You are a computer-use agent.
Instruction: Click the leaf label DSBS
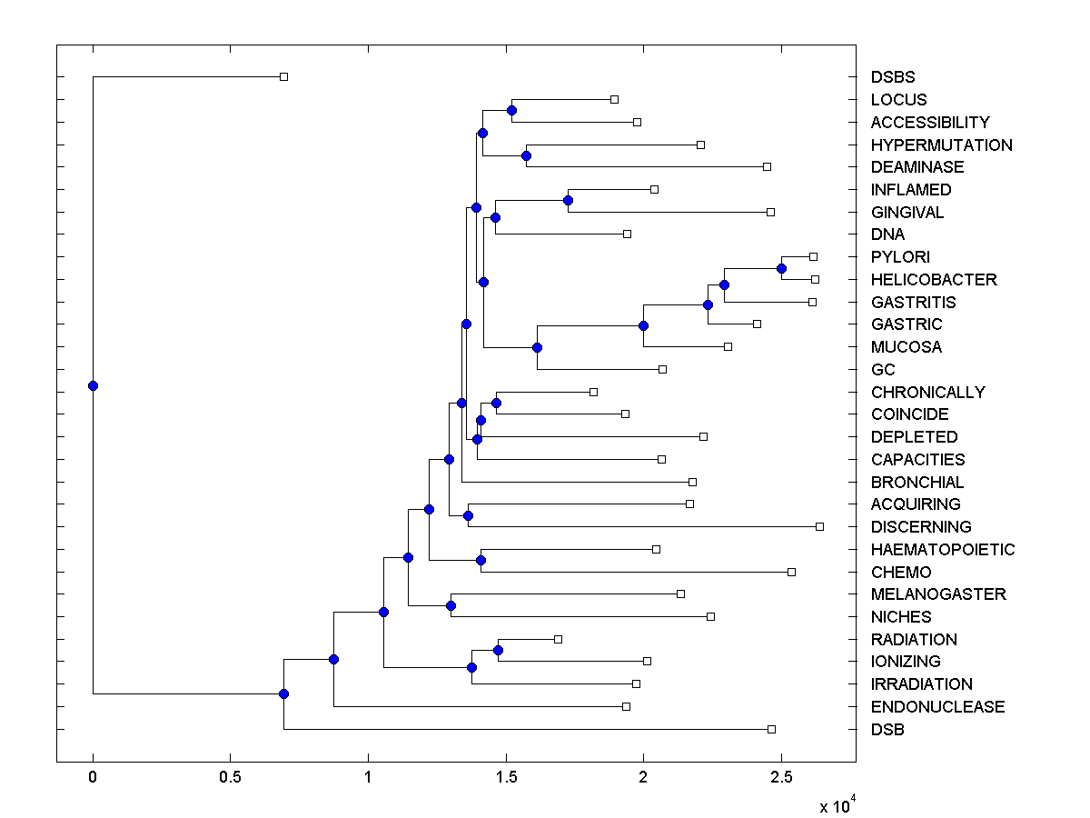click(893, 77)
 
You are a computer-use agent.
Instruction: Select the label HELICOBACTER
click(934, 280)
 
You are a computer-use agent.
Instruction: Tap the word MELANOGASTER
click(938, 594)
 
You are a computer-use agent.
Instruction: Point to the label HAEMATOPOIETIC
click(943, 550)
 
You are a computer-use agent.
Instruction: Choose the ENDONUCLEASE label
click(937, 707)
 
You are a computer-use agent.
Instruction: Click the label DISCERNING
click(921, 527)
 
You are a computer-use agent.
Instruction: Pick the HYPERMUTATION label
click(941, 145)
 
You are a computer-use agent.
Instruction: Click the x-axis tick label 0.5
click(230, 777)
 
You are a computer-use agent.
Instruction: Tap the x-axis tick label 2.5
click(781, 777)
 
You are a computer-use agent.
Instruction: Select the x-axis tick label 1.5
click(506, 777)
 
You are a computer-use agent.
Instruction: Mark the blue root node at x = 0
click(93, 385)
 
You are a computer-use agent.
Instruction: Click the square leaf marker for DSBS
click(283, 76)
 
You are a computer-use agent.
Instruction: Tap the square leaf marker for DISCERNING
click(819, 526)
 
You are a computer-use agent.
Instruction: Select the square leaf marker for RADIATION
click(558, 639)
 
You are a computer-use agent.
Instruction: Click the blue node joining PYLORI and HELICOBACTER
click(781, 268)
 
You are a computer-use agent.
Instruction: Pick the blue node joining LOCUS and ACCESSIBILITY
click(511, 110)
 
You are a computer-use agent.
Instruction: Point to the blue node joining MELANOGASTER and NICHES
click(451, 605)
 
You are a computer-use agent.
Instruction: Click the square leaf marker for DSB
click(771, 729)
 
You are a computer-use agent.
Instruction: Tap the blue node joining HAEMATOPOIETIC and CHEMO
click(481, 560)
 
